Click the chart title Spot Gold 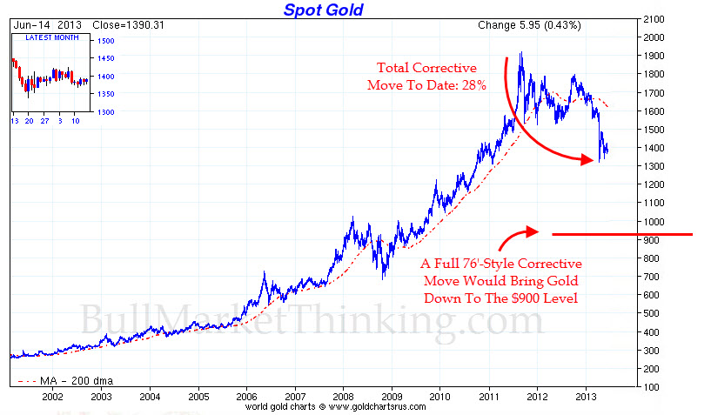(x=323, y=10)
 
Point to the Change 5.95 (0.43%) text (x=529, y=25)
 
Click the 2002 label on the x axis (x=54, y=394)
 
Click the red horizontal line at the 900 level (x=621, y=234)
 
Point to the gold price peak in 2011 (x=520, y=54)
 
